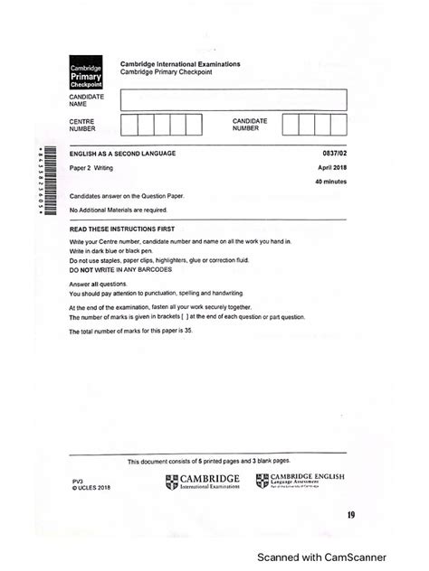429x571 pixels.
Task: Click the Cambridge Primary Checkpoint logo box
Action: (87, 76)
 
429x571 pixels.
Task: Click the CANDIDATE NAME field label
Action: (86, 99)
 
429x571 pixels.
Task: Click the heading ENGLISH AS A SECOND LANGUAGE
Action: (122, 154)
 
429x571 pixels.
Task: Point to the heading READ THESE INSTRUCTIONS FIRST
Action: (121, 229)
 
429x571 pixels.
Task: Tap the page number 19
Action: (350, 515)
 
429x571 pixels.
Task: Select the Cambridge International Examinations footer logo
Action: (202, 482)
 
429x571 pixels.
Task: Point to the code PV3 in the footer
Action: (77, 481)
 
